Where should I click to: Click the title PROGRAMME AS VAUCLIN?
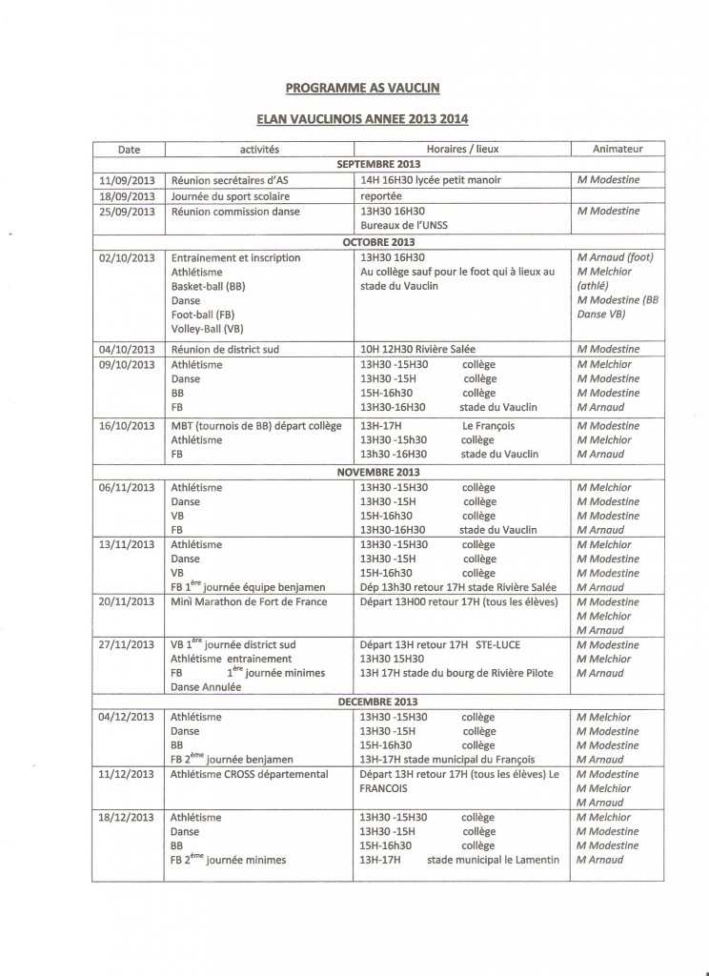[x=351, y=89]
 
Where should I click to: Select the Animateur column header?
[x=617, y=150]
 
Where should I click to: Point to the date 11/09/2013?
[x=127, y=180]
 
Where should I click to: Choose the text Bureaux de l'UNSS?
[x=405, y=225]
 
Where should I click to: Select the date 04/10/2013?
[x=127, y=349]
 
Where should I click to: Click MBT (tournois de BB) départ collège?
[x=255, y=426]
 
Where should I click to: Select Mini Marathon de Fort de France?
[x=249, y=601]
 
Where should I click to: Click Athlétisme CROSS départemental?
[x=249, y=774]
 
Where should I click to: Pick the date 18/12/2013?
[x=127, y=817]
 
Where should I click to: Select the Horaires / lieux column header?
[x=461, y=150]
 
